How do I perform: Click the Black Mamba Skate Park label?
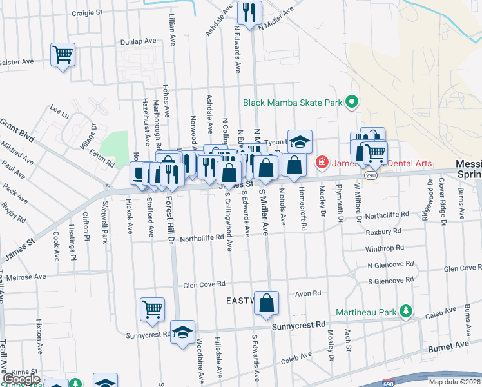(x=292, y=102)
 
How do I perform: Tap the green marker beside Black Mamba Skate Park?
(x=352, y=102)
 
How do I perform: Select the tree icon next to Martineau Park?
(x=406, y=312)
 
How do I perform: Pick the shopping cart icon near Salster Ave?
(x=63, y=54)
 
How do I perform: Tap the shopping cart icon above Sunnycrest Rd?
(x=152, y=309)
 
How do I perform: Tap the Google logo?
(x=21, y=379)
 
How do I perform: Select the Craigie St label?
(x=87, y=12)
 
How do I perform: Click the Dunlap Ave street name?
(x=138, y=41)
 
